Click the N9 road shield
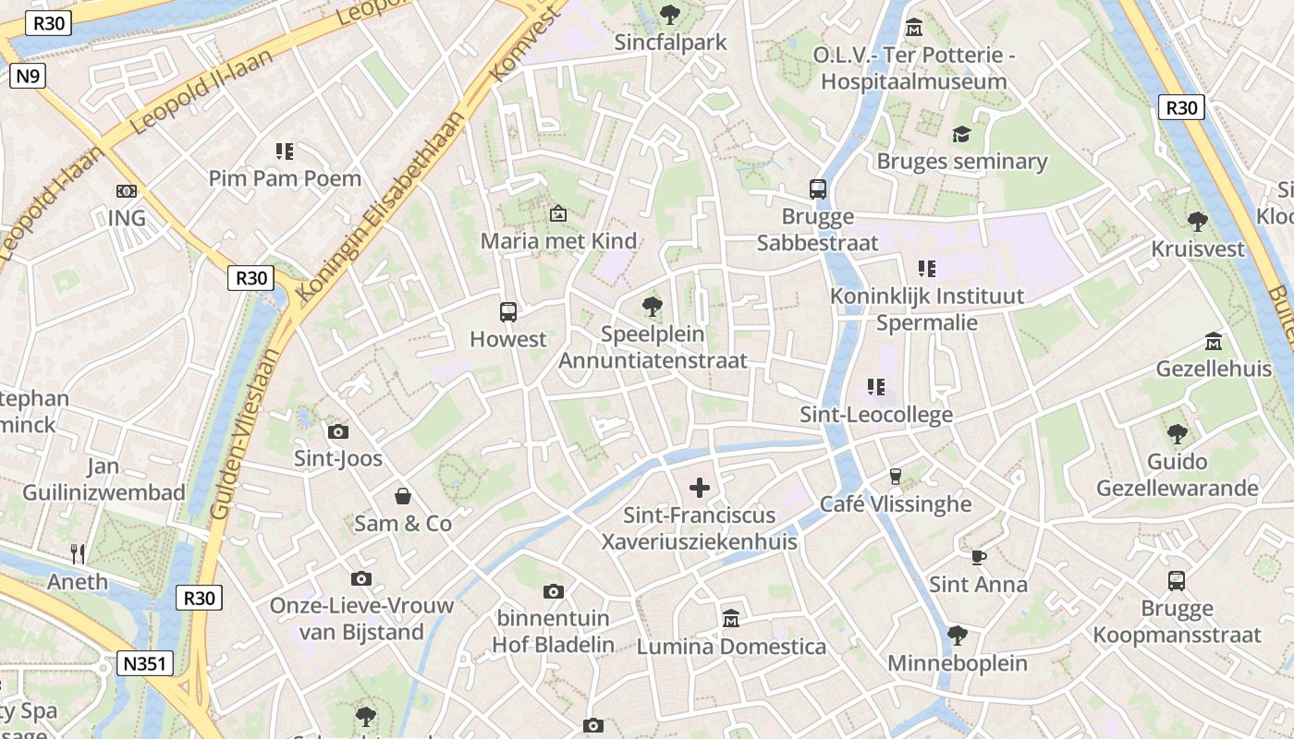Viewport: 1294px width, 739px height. (x=27, y=76)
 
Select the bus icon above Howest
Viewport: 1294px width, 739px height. (x=507, y=312)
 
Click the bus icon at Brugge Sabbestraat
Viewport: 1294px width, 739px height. (x=818, y=189)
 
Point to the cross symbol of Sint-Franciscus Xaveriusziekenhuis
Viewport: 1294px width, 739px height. (x=700, y=487)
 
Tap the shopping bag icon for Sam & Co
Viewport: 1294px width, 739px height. (x=403, y=496)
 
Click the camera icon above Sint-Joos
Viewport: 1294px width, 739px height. (x=338, y=431)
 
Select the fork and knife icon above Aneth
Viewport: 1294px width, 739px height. (x=78, y=554)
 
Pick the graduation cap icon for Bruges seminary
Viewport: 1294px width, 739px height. (x=961, y=135)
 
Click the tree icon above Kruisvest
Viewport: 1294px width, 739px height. (x=1198, y=222)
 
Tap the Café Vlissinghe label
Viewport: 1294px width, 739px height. (x=896, y=503)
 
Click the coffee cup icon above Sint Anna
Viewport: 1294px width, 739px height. (x=978, y=557)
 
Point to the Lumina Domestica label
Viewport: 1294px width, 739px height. (x=731, y=646)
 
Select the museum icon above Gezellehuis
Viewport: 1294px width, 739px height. (x=1214, y=342)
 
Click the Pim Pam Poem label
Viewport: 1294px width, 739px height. (x=285, y=178)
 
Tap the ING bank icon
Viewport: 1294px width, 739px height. (x=127, y=191)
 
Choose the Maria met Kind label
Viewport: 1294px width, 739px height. (x=558, y=241)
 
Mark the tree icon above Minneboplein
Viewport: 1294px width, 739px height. (x=957, y=636)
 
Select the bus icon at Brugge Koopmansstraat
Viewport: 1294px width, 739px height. (x=1176, y=581)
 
